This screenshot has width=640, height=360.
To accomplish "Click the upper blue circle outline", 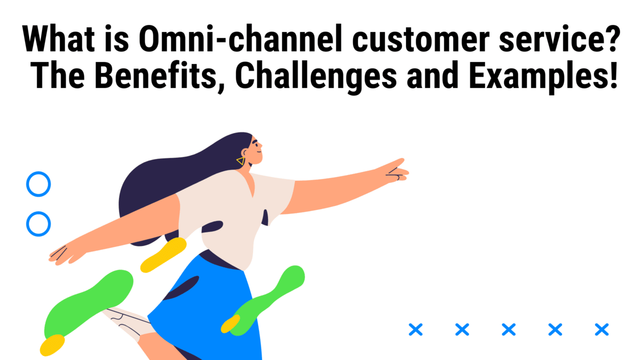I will (x=38, y=184).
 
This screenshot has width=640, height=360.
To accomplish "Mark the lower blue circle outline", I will (x=38, y=223).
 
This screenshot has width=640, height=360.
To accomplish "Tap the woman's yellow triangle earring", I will (x=241, y=161).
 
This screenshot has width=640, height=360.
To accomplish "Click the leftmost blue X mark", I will (x=415, y=329).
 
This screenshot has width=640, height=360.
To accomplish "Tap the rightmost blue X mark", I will (x=601, y=329).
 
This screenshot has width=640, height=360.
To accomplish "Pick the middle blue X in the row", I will (x=508, y=329).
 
